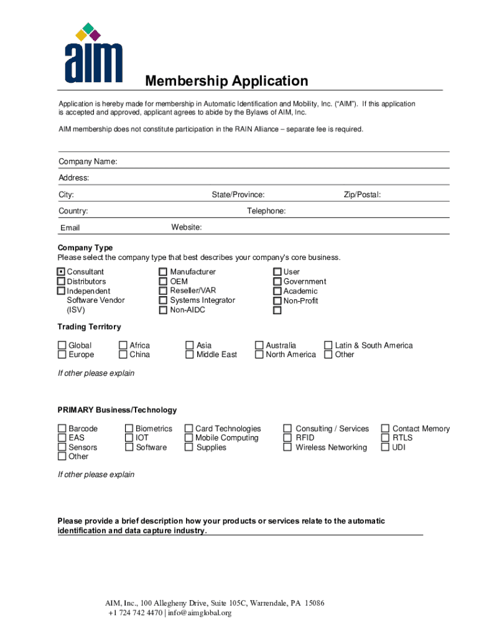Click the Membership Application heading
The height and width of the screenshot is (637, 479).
pos(226,81)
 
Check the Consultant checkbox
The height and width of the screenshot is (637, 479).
pos(61,272)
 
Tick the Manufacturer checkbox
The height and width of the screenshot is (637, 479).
pos(163,272)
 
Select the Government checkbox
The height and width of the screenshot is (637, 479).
pos(277,282)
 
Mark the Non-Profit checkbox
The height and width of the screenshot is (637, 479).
pos(277,301)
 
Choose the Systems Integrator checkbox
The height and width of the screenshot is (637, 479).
pos(163,300)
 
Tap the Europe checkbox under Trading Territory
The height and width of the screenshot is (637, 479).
pos(62,355)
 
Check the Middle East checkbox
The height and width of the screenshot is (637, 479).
pos(190,355)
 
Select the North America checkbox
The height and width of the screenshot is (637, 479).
pos(259,355)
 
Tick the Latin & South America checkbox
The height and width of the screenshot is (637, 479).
pos(328,345)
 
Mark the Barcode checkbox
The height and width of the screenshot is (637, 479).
pos(62,429)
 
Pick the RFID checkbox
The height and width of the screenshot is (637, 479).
pos(287,438)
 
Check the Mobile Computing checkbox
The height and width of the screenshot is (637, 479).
pos(188,438)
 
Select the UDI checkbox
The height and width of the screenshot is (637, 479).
pos(386,447)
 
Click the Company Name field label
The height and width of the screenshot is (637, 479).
pos(88,162)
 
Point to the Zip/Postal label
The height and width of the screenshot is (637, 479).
pos(362,195)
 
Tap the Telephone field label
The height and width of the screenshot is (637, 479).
pos(266,211)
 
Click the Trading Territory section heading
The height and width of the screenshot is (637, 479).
pos(89,327)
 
